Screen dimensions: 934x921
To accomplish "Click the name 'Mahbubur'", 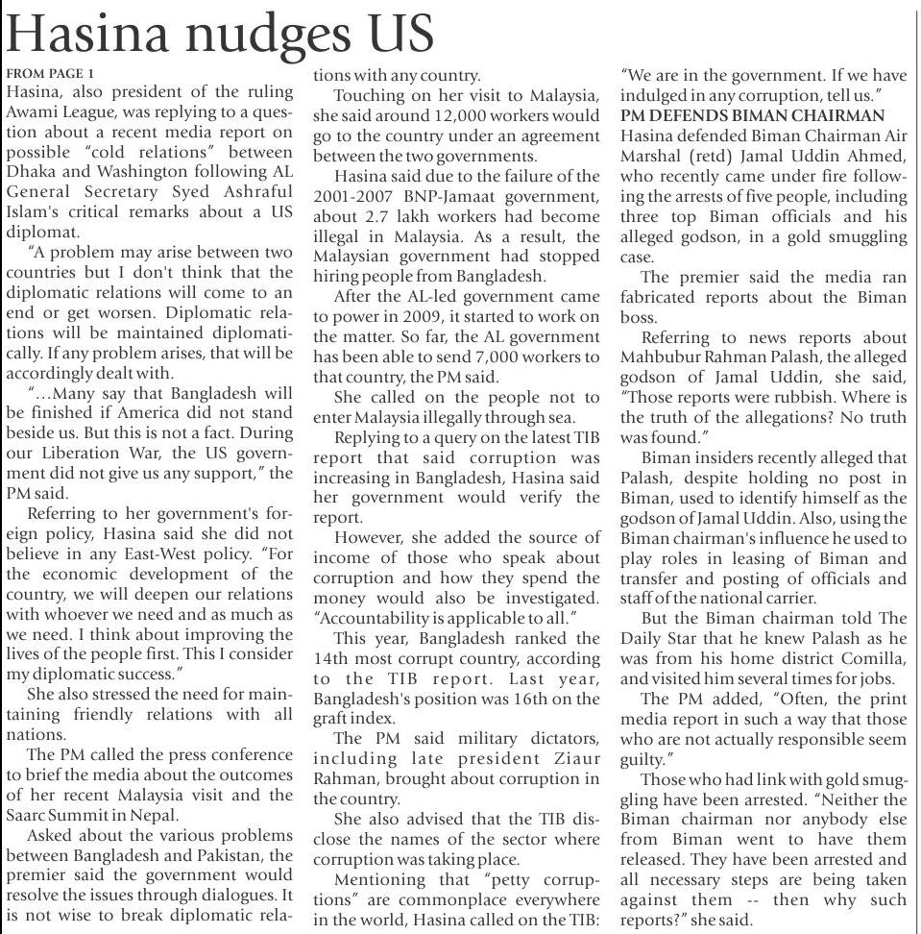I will (666, 357).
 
